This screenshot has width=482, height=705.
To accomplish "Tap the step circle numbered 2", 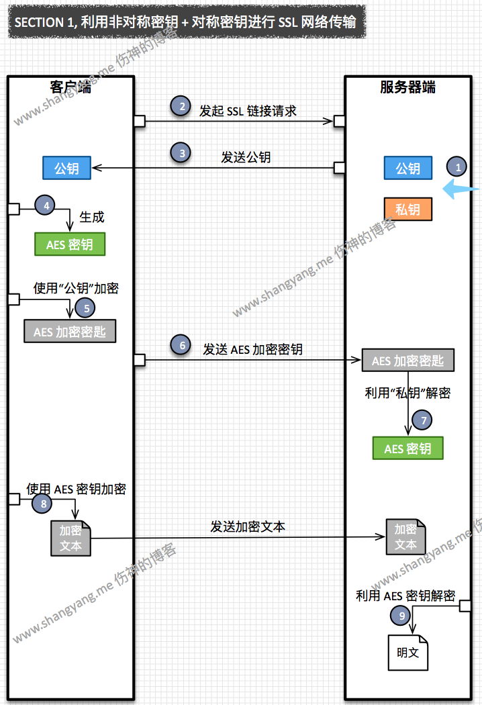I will point(180,105).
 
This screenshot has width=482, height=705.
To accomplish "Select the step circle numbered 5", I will point(85,308).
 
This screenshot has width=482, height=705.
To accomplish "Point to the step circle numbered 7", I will point(422,420).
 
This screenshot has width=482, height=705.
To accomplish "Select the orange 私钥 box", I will point(407,209).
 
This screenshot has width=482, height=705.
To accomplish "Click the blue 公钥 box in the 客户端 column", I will point(66,168).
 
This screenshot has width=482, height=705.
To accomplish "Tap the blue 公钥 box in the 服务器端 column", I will point(407,168).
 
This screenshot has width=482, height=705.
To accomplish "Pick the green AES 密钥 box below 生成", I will point(70,244).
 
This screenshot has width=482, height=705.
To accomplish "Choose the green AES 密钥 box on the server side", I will point(408,449).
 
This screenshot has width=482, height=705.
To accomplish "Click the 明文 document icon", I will point(407,652).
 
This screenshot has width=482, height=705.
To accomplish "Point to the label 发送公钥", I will point(246,158).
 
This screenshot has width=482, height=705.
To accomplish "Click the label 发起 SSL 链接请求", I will point(248,111).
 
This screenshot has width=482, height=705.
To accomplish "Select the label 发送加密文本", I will point(248,526).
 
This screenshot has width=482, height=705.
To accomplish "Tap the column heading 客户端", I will point(70,87).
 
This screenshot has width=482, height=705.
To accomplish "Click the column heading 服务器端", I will point(407,87).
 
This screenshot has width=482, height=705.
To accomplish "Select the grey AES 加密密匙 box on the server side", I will point(407,361).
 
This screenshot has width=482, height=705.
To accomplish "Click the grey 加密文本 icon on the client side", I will point(70,538).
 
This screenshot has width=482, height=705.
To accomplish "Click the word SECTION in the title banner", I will point(39,22).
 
